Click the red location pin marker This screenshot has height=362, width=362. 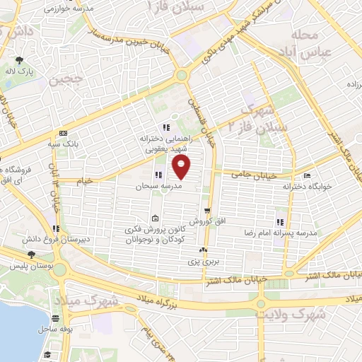pyautogui.click(x=182, y=168)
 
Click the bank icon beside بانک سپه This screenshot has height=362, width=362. pyautogui.click(x=64, y=133)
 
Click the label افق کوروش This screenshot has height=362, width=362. pyautogui.click(x=209, y=221)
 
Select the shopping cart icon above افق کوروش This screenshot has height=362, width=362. pyautogui.click(x=207, y=211)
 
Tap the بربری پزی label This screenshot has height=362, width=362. pyautogui.click(x=204, y=261)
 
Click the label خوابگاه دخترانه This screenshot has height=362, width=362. pyautogui.click(x=307, y=187)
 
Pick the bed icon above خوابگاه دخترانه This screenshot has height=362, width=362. pyautogui.click(x=307, y=176)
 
